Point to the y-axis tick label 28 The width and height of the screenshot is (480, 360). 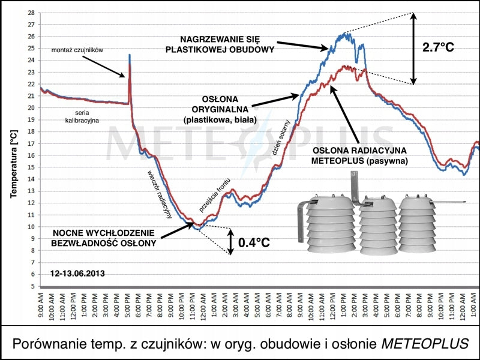31,13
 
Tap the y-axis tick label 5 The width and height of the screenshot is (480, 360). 33,286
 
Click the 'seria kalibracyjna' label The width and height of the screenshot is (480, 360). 87,116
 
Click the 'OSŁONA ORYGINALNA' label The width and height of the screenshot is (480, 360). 220,109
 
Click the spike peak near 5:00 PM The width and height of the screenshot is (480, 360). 130,56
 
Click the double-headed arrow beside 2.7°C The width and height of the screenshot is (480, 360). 413,48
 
